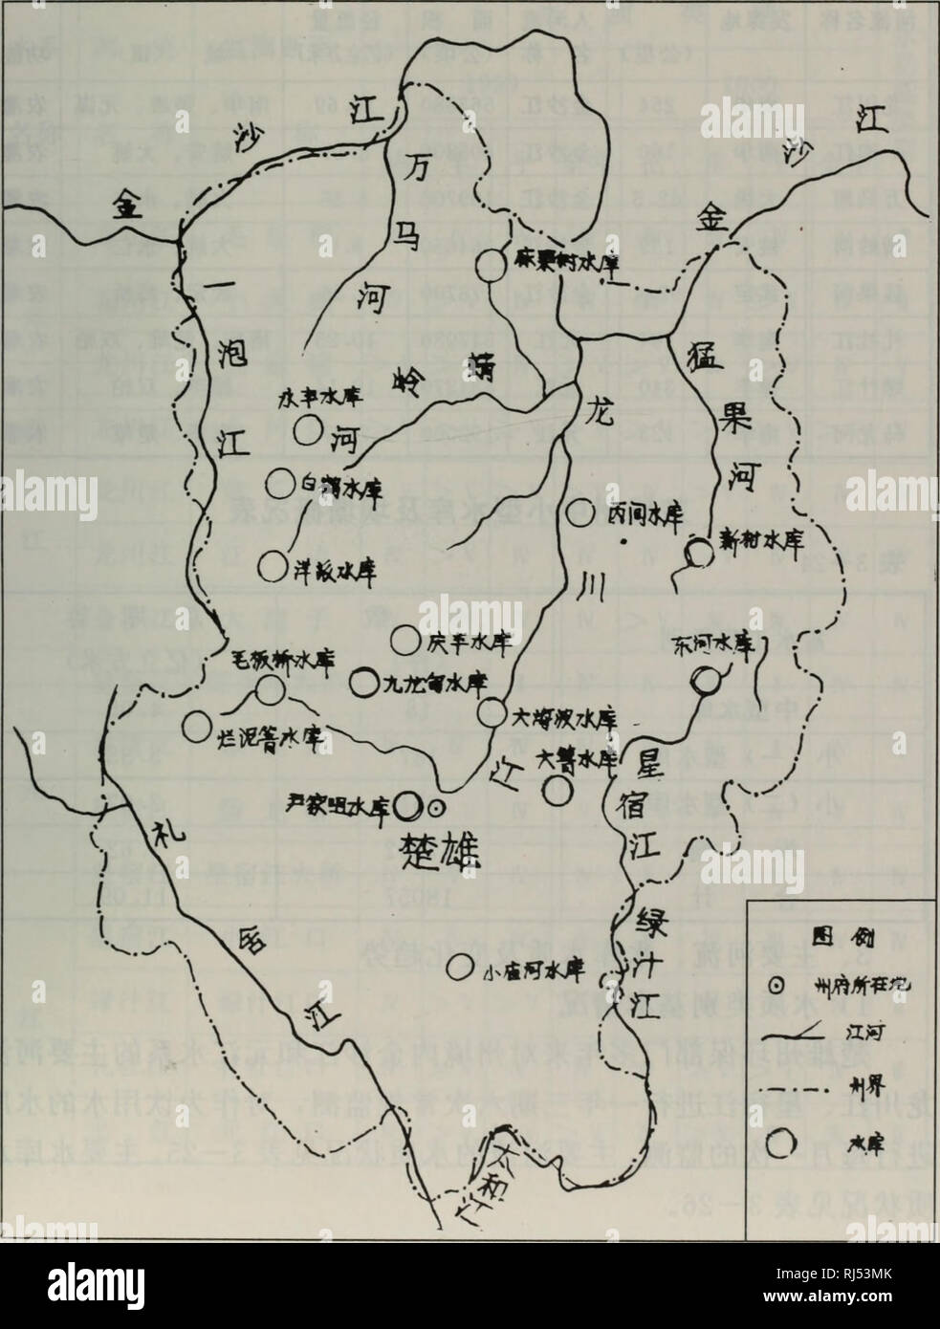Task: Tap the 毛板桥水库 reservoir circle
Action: [x=270, y=687]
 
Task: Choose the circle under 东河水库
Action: [x=706, y=680]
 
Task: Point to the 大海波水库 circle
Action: [x=491, y=711]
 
